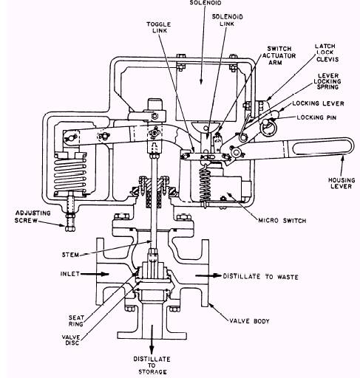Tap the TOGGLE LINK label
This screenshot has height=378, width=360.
pos(158,27)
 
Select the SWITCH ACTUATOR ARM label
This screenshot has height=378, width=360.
pos(279,55)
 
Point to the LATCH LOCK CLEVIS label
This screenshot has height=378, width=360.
pos(326,52)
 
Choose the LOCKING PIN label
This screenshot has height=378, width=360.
pos(316,117)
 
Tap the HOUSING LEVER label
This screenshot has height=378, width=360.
pos(342,183)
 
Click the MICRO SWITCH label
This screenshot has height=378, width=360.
pos(282,220)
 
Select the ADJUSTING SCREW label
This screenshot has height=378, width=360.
pos(33,216)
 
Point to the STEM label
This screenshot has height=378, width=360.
pos(70,255)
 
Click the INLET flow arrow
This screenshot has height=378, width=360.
pos(95,274)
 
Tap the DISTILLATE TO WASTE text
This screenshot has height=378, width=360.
pos(260,277)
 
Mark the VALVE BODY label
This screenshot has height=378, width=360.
pos(249,321)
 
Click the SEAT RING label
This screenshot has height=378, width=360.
pos(76,320)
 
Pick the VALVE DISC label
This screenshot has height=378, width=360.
pos(71,340)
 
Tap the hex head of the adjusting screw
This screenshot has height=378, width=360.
pos(70,228)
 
